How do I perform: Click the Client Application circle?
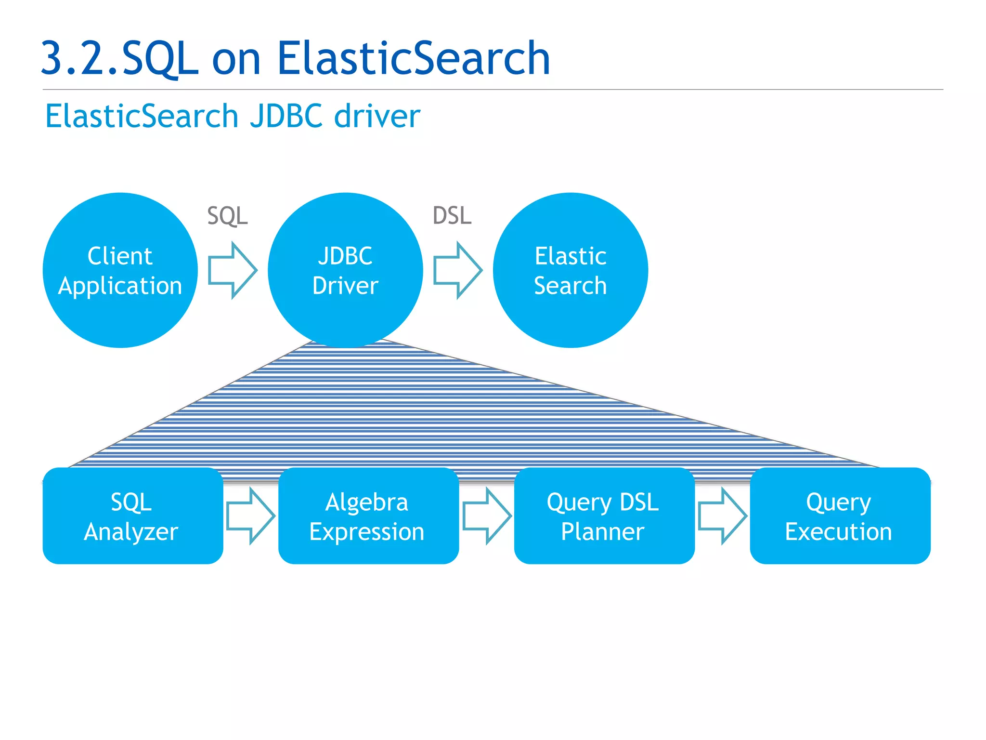point(120,270)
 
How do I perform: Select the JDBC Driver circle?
point(345,270)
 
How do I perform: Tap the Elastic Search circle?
point(571,270)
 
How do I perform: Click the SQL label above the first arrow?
point(227,215)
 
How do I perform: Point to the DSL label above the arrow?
point(452,215)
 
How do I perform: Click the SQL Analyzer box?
point(132,515)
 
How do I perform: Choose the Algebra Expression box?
point(368,515)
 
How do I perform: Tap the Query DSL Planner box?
point(604,515)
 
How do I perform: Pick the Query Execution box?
point(840,515)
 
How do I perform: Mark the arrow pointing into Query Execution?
point(722,516)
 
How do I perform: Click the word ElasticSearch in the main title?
point(413,58)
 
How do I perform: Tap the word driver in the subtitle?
point(377,116)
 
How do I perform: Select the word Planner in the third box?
point(602,532)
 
